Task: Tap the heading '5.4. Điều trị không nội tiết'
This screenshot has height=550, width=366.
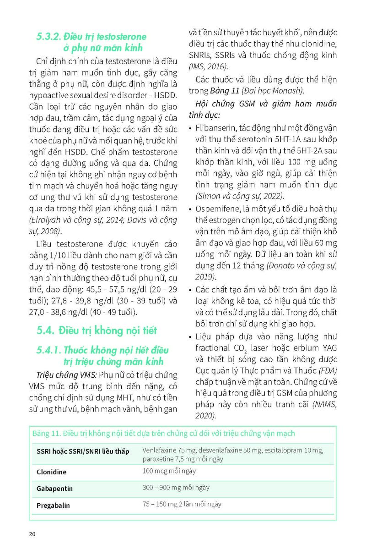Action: [x=97, y=330]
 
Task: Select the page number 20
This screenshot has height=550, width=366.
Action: [x=32, y=534]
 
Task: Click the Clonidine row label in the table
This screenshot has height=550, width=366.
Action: [x=51, y=472]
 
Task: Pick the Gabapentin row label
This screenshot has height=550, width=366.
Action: [x=54, y=489]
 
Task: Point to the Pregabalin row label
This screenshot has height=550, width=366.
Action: [x=53, y=506]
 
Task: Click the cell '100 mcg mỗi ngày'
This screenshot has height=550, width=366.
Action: [x=169, y=471]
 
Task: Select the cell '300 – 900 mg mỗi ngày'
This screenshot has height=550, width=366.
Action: [x=176, y=488]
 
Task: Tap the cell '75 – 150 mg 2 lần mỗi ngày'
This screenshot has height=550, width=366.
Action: [x=182, y=504]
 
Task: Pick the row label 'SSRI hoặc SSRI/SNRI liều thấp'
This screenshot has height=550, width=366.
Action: [x=83, y=451]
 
